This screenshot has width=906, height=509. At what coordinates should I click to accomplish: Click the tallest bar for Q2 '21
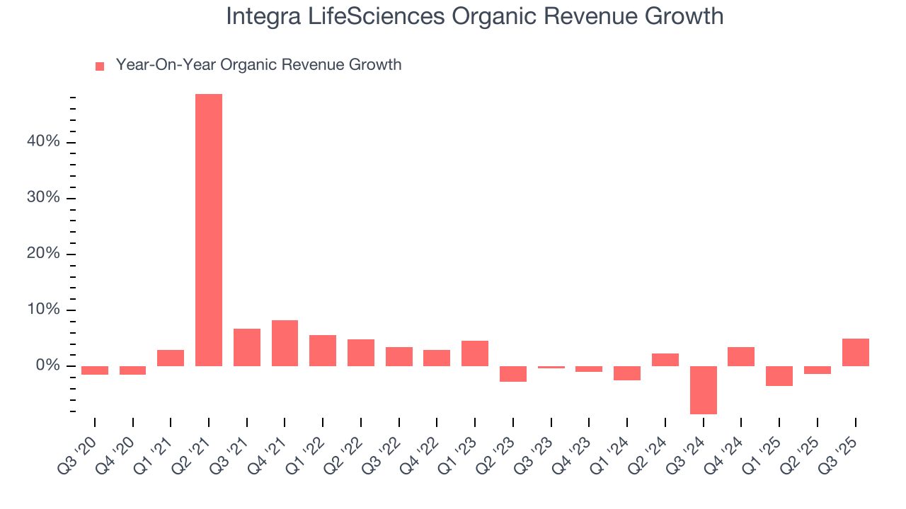(x=209, y=230)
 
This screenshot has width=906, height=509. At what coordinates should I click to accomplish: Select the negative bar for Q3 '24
(x=704, y=390)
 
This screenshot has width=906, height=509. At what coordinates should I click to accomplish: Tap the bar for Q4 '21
(x=285, y=343)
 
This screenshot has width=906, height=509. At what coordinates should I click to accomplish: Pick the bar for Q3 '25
(x=856, y=352)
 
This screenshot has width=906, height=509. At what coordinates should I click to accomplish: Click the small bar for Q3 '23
(x=551, y=367)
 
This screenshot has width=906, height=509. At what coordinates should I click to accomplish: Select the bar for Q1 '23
(x=475, y=353)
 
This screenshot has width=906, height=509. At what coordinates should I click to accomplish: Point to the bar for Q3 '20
(x=95, y=370)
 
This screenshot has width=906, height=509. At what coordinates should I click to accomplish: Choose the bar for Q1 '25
(x=779, y=375)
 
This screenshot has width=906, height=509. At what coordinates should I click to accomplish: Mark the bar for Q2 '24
(x=665, y=359)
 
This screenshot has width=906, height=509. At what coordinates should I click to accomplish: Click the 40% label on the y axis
(x=44, y=142)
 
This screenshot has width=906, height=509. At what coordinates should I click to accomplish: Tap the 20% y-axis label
(x=44, y=255)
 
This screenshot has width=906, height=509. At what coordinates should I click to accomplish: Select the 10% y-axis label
(x=44, y=310)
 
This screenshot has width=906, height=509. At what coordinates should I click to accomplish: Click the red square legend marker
(x=100, y=66)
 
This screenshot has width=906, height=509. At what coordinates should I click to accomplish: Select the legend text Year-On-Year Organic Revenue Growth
(x=258, y=65)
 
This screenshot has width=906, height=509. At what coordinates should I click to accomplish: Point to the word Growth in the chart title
(x=684, y=16)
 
